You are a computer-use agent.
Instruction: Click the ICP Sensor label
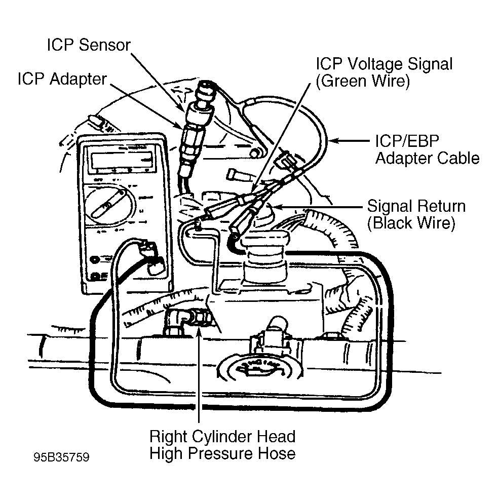coord(89,45)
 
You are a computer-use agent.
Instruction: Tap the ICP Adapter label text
coord(62,79)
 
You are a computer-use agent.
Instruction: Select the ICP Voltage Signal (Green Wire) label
coord(384,72)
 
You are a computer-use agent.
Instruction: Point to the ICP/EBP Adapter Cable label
coord(427,149)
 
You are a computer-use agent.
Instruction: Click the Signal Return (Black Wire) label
coord(416,214)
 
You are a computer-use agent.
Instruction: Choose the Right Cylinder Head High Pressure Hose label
coord(222,445)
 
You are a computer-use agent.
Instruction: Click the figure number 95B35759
coord(62,457)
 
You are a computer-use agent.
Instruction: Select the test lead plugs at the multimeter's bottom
coord(152,256)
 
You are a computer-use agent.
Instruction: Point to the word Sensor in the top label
coord(105,45)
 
